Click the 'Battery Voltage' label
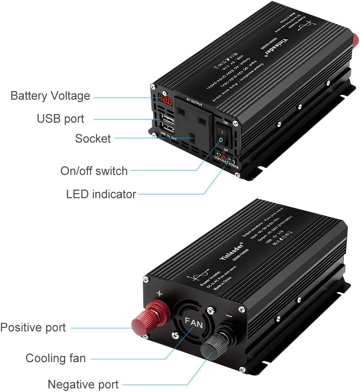point(50,96)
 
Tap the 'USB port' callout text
point(60,119)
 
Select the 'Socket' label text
point(93,138)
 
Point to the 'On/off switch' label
point(94,171)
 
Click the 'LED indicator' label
point(101,194)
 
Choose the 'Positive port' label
point(33,327)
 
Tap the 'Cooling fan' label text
point(55,358)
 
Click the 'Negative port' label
point(83,384)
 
